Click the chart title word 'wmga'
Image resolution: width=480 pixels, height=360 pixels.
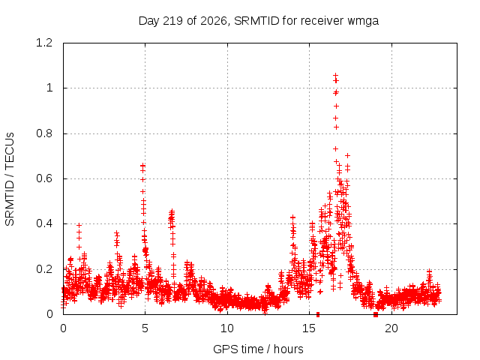coord(363,22)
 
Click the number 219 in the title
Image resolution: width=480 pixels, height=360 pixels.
coord(173,21)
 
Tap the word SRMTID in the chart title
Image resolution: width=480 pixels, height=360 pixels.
coord(256,21)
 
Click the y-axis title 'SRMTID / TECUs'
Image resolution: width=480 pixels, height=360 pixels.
coord(10,179)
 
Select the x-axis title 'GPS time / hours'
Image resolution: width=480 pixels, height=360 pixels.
coord(258,349)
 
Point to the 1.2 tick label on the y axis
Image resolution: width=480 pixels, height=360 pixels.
coord(44,43)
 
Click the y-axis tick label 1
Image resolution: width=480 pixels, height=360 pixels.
coord(49,88)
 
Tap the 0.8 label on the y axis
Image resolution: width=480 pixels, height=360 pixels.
coord(44,133)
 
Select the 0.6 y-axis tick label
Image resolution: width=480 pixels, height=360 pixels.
coord(44,178)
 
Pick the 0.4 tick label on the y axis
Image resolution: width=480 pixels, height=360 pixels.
coord(44,223)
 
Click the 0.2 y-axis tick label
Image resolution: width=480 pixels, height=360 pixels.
coord(44,269)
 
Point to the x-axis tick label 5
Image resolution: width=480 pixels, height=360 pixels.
coord(145,328)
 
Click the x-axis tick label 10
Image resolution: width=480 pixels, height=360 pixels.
coord(227,328)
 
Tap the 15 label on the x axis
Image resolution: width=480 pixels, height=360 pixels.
coord(309,328)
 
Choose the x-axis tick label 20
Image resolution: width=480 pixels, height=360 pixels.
coord(391,328)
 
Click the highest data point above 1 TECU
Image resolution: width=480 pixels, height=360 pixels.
coord(335,75)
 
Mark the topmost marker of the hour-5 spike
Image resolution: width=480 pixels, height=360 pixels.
coord(142,166)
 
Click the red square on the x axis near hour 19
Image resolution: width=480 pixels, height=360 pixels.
coord(376,315)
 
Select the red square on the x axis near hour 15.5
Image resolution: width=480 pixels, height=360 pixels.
coord(318,314)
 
